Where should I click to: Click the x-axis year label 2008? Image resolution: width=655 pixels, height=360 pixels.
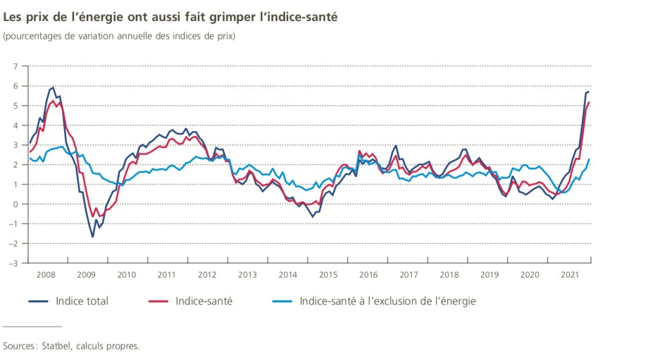[46, 275]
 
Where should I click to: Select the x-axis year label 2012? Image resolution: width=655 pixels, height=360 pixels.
[208, 275]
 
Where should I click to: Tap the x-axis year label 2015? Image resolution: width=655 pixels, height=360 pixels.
[329, 275]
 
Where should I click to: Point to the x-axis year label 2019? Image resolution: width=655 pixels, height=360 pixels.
[490, 275]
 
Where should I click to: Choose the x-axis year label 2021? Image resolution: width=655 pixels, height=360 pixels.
[571, 275]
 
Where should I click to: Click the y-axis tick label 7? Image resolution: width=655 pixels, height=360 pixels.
[15, 66]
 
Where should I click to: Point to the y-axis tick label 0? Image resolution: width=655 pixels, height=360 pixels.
[15, 204]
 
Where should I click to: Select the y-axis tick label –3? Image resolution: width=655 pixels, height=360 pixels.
[13, 263]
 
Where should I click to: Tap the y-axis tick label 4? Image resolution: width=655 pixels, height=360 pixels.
[15, 125]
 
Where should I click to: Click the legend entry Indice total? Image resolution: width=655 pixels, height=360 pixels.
[82, 302]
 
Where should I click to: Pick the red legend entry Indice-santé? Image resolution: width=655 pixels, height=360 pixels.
[204, 302]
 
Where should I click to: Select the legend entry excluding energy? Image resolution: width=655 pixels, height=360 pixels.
[387, 302]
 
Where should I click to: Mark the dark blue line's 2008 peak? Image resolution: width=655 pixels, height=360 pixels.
[53, 87]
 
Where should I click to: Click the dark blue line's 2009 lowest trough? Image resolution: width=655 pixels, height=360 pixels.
[92, 237]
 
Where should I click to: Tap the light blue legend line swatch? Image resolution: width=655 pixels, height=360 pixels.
[282, 302]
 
